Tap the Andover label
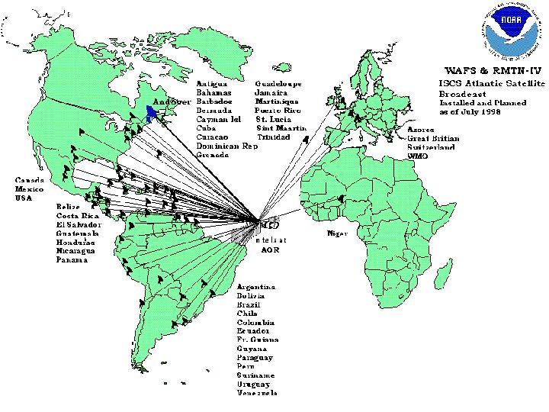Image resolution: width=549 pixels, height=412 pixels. (172, 101)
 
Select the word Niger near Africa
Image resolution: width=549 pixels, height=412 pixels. (338, 233)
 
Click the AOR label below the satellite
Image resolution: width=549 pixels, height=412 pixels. (270, 249)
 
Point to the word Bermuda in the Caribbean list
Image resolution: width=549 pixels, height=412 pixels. (214, 110)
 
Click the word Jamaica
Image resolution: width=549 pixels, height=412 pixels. (271, 92)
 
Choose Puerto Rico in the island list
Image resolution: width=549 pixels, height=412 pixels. (278, 110)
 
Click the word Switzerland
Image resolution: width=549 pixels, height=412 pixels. (432, 146)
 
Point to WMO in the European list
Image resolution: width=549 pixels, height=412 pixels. (418, 156)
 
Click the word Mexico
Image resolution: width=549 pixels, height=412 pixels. (28, 189)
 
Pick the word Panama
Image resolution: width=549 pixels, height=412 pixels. (72, 260)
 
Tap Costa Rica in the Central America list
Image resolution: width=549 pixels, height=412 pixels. (75, 215)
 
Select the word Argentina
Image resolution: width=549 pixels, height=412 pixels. (256, 287)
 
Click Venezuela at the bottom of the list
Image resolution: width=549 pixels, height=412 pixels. (257, 394)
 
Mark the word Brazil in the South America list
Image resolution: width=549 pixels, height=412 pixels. (249, 304)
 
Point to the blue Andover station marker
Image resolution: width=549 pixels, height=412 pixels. (153, 113)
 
